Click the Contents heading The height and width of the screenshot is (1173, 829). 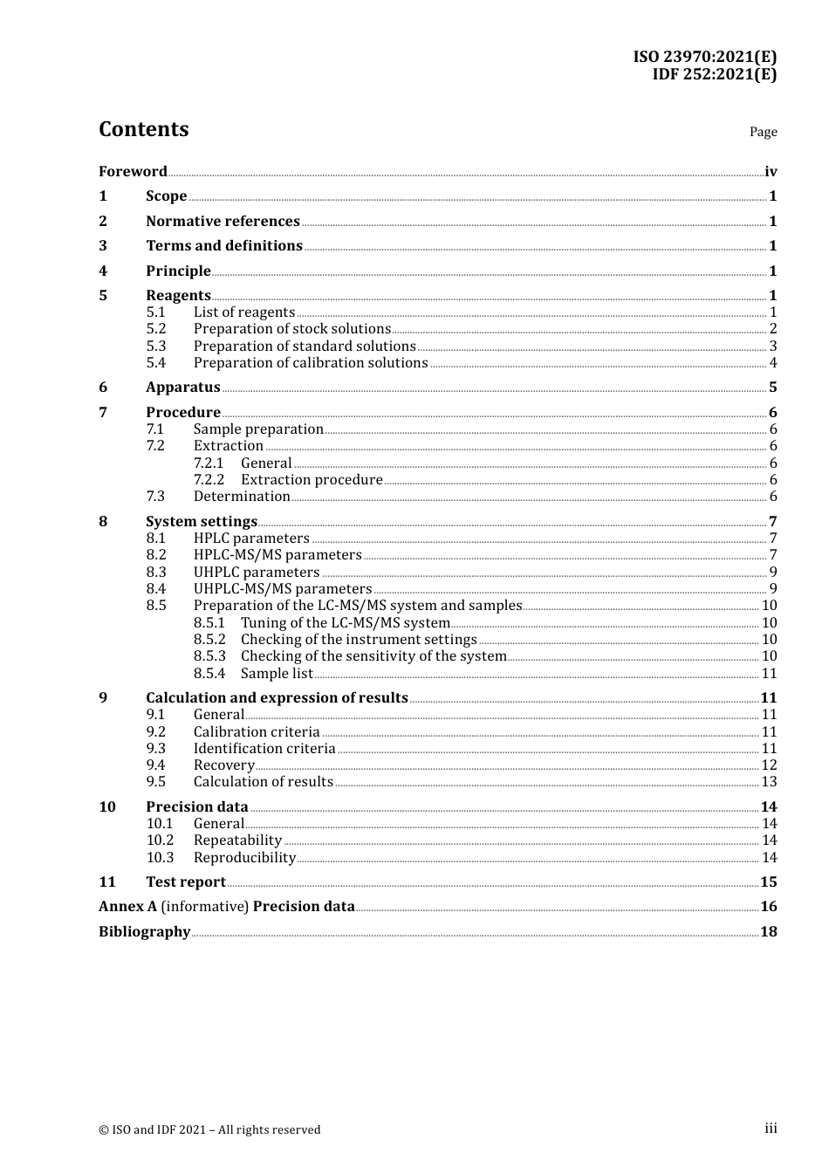(143, 129)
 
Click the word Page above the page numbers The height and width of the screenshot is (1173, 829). (763, 132)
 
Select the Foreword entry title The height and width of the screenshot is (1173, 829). (133, 171)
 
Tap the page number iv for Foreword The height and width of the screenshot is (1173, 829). (771, 171)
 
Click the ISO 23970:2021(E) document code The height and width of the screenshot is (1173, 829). (705, 57)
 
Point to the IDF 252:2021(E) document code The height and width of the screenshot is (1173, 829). (714, 74)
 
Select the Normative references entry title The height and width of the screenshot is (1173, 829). (223, 221)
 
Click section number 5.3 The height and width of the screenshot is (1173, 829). (156, 346)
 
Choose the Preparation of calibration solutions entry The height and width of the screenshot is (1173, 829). (311, 362)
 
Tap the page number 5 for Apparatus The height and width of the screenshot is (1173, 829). (773, 387)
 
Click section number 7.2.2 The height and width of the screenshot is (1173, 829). (209, 479)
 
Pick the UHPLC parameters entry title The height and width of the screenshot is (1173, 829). (257, 572)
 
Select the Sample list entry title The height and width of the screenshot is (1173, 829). (277, 673)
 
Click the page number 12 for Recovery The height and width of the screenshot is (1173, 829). (769, 765)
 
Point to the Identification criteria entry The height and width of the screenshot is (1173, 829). (264, 748)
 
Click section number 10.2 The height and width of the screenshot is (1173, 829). (160, 840)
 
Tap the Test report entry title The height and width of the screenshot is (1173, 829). (186, 881)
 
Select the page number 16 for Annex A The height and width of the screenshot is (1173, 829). (769, 906)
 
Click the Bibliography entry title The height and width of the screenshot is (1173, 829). (144, 931)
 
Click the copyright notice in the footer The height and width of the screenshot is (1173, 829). (209, 1129)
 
